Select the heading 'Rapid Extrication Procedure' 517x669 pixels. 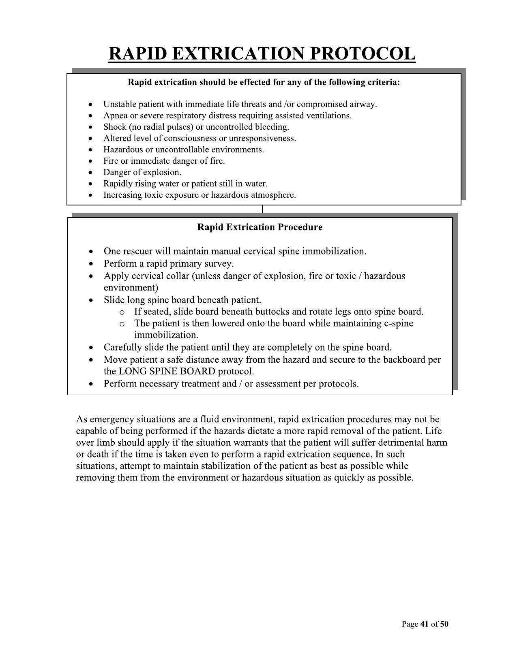260,227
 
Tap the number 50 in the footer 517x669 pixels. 444,624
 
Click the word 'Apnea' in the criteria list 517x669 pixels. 115,115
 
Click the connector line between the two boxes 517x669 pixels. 262,209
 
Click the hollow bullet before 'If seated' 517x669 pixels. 122,312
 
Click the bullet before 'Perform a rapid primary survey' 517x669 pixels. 93,264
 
